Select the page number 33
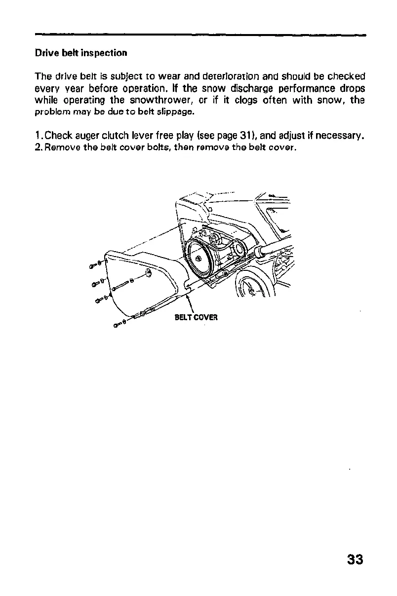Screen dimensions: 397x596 click(355, 559)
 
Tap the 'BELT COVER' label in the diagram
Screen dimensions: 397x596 click(196, 317)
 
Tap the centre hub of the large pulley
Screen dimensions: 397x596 click(198, 259)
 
